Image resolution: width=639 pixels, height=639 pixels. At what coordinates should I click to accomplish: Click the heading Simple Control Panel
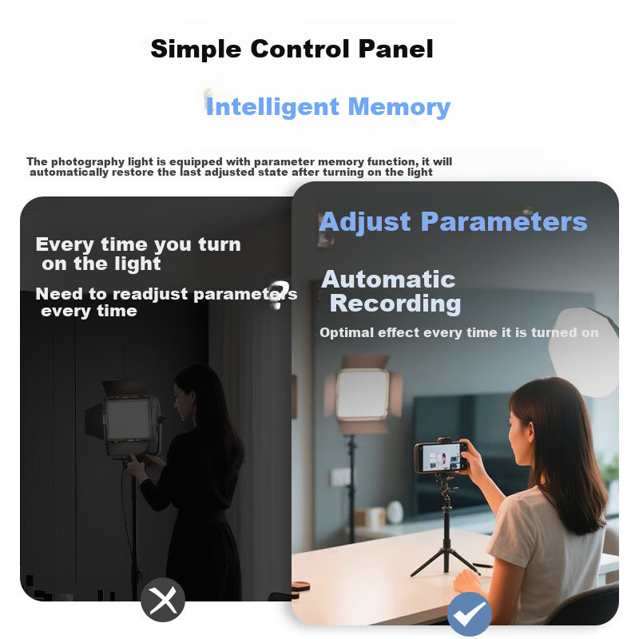292,50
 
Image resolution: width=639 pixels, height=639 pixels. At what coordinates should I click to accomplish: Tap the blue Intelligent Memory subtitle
328,107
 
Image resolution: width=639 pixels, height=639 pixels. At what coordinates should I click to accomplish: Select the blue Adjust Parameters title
453,222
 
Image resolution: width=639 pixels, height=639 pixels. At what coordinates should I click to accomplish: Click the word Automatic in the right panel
388,279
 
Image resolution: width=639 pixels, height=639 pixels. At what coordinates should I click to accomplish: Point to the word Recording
395,304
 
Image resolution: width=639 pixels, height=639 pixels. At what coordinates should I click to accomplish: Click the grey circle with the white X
163,600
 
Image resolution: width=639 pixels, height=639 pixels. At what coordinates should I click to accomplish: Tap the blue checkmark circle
470,613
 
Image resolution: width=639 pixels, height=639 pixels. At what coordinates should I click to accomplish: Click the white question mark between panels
280,294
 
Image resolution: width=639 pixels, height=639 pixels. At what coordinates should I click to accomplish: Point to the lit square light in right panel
363,394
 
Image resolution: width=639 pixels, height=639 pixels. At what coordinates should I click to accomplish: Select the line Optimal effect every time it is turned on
458,332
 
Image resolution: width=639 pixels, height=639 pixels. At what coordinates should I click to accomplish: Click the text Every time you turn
138,244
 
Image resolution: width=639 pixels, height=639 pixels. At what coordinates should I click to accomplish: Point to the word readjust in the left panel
150,294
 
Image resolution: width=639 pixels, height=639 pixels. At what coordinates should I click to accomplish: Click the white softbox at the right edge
585,351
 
